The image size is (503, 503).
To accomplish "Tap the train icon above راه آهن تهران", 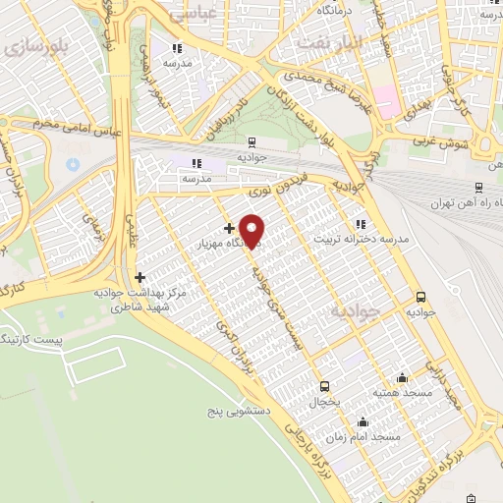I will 477,187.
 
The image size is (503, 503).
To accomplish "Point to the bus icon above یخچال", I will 325,385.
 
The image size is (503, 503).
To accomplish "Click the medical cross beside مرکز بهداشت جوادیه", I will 140,277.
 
